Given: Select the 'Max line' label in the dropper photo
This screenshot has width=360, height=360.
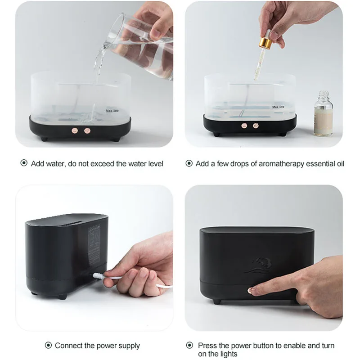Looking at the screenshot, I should click(x=278, y=107).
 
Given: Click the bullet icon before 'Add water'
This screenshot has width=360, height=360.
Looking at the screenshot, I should click(x=24, y=163).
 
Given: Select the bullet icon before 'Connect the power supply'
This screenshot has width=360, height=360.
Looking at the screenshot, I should click(x=48, y=346).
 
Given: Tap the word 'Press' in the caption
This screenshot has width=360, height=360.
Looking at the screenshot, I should click(x=207, y=345).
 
